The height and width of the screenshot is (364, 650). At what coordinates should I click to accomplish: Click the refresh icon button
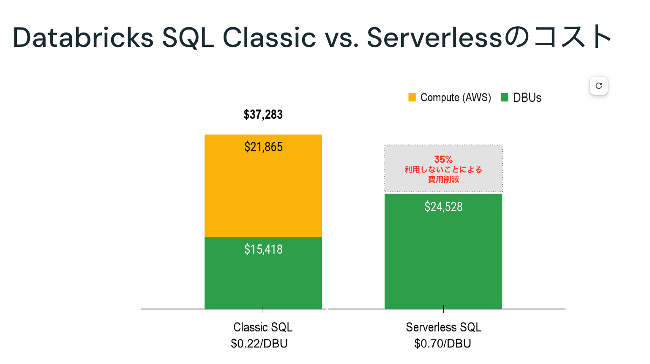(x=598, y=86)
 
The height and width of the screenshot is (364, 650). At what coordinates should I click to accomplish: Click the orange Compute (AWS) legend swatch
(x=412, y=97)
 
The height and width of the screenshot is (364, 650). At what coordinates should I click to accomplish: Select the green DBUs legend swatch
(x=504, y=97)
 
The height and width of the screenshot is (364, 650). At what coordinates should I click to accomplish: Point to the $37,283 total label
(x=263, y=115)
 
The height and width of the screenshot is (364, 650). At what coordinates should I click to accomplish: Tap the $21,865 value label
(x=263, y=147)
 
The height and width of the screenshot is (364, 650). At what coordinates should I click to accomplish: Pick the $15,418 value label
(x=263, y=249)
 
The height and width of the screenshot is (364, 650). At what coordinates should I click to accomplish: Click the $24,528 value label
(x=443, y=207)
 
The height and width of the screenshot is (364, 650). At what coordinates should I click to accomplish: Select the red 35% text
(x=443, y=159)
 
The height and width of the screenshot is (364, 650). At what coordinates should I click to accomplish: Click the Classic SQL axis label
(x=263, y=327)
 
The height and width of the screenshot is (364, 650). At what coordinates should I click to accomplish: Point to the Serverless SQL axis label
(x=443, y=327)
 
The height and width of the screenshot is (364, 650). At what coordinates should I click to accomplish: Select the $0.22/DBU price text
(x=259, y=343)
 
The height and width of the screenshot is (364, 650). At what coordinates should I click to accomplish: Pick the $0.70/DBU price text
(x=442, y=343)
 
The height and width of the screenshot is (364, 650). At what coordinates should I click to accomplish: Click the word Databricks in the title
(x=83, y=38)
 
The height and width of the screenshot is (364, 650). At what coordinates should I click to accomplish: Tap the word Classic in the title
(x=269, y=38)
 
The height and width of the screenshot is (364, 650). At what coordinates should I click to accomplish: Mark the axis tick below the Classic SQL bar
(x=263, y=309)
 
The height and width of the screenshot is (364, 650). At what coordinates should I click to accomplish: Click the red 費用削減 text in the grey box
(x=443, y=179)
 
